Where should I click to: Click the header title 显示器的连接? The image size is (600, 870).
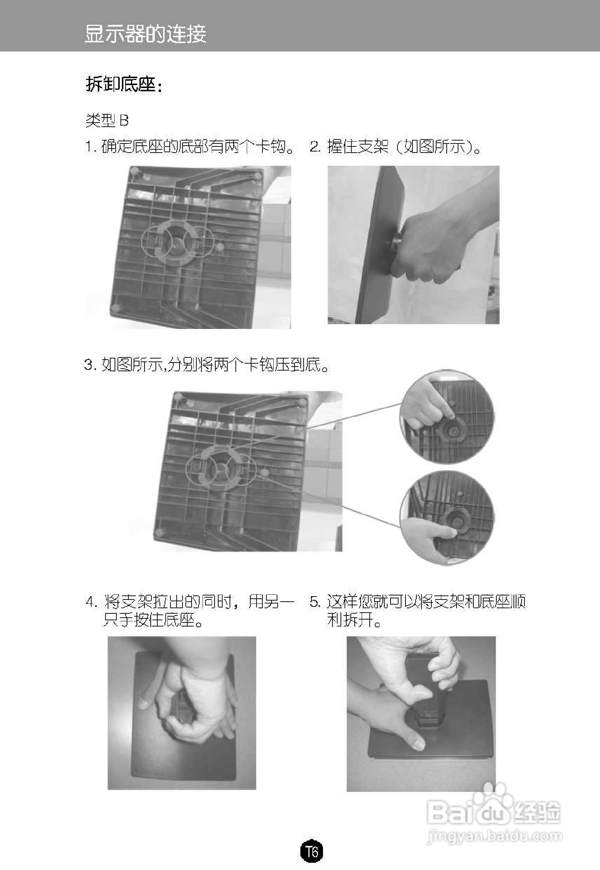click(x=146, y=34)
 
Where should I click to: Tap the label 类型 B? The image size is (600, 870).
click(x=107, y=120)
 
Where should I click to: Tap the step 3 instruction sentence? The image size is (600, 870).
click(x=207, y=364)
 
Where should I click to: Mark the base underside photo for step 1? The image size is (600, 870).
click(x=188, y=247)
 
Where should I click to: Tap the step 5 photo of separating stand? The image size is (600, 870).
click(x=421, y=714)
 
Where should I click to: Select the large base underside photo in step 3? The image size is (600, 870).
click(x=248, y=471)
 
